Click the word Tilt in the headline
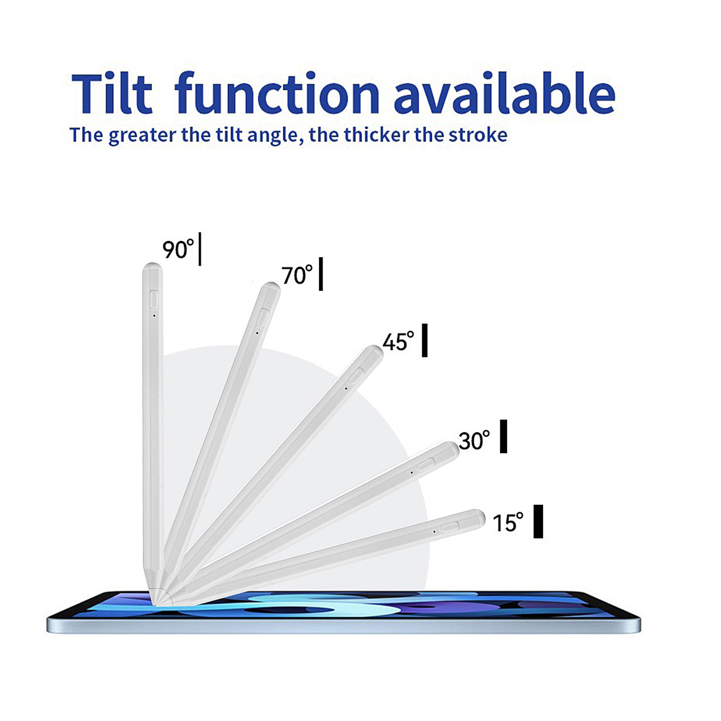[112, 93]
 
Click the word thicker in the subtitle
[377, 135]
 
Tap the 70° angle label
[297, 275]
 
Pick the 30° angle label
[474, 440]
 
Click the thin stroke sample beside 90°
[200, 249]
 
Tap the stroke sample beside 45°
[425, 340]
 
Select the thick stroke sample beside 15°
[538, 522]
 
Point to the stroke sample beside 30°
[503, 436]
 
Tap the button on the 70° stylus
[264, 317]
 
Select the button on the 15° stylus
[450, 528]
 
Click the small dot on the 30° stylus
[412, 473]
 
